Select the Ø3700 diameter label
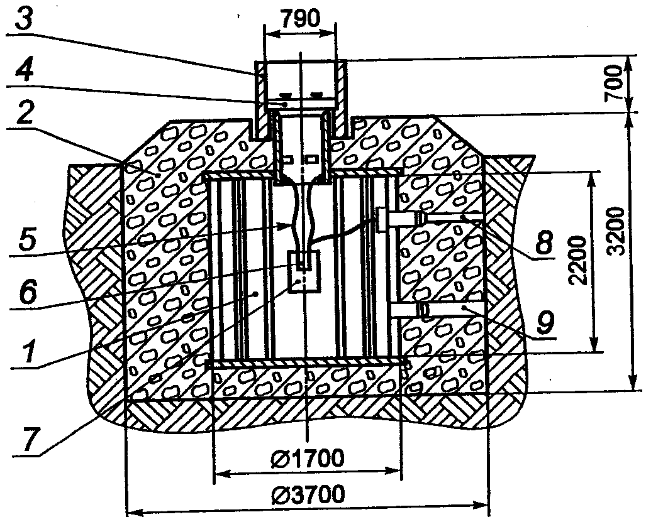click(307, 496)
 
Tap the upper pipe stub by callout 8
click(403, 218)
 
